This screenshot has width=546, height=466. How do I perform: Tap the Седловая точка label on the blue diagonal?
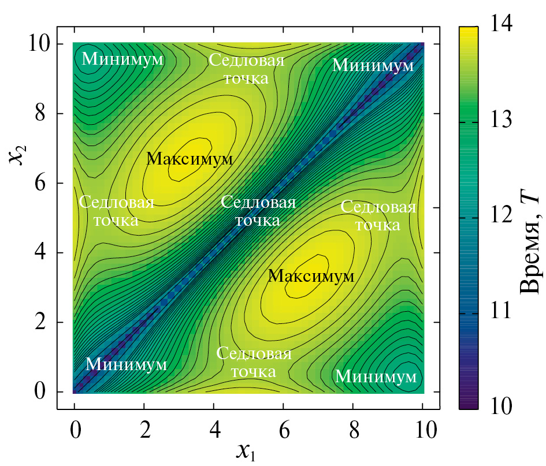point(258,211)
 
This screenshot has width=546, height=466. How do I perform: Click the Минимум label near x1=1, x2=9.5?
point(122,58)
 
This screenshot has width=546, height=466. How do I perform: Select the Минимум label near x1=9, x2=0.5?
point(376,376)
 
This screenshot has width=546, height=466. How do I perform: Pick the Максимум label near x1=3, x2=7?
point(190,159)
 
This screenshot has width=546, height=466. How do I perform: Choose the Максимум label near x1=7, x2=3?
point(311,277)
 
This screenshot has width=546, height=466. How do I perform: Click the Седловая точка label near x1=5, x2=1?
point(254,362)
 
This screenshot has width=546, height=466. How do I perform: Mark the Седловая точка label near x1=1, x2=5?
point(116,211)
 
